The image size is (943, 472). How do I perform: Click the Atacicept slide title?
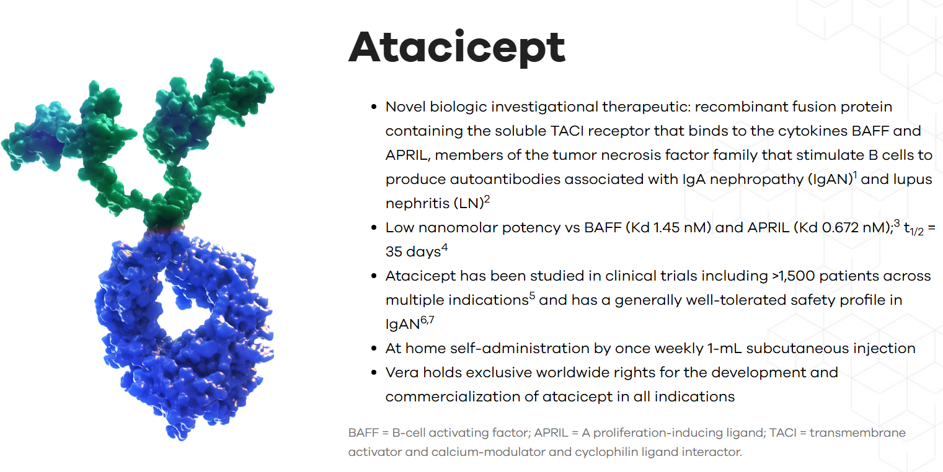point(457,48)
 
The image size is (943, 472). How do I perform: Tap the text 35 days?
point(412,251)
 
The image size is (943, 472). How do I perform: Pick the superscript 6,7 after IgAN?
point(427,320)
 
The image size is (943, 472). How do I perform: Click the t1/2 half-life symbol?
point(913,230)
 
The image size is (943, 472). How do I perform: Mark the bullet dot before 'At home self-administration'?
point(374,348)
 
